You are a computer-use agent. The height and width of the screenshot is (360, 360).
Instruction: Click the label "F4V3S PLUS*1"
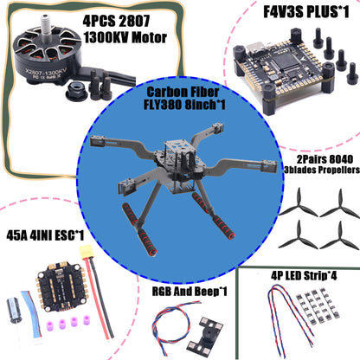pyautogui.click(x=295, y=12)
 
